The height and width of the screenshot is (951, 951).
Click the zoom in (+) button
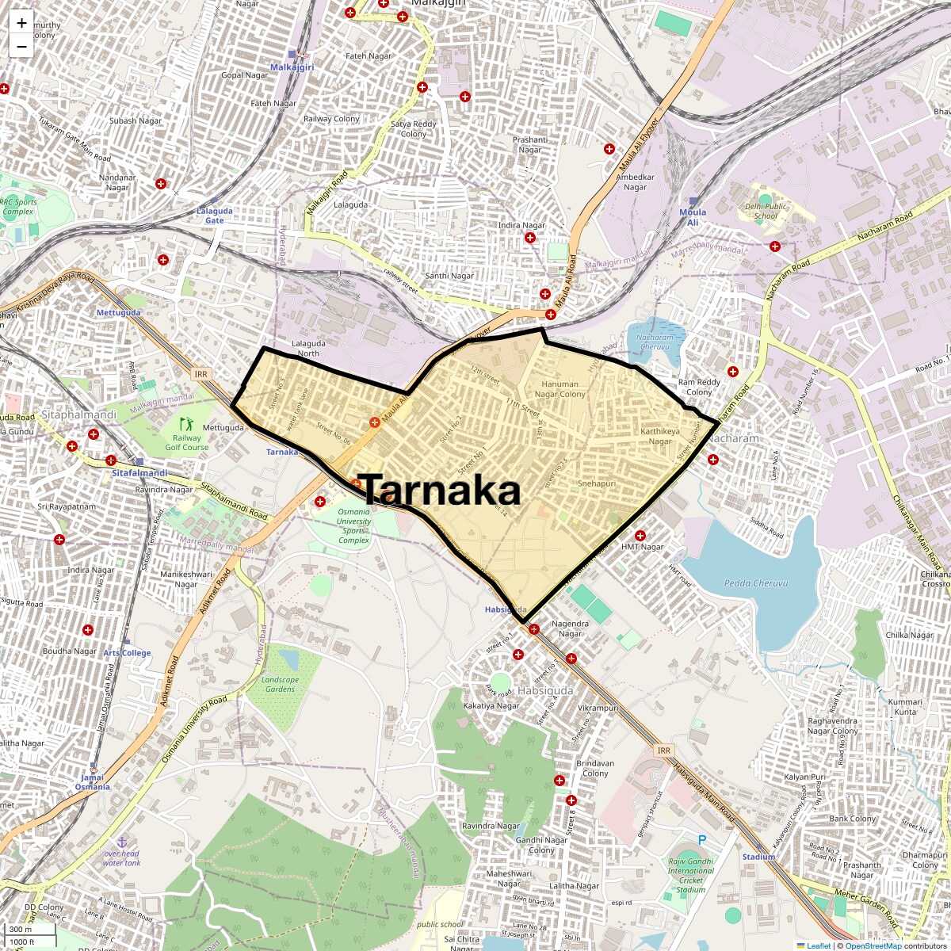point(21,23)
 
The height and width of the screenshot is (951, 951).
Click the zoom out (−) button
point(21,47)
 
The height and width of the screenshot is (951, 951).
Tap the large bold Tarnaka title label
point(440,491)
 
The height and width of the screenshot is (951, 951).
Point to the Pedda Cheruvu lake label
point(756,583)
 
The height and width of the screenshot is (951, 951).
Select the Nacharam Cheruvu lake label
point(655,342)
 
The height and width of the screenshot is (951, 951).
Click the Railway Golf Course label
point(187,442)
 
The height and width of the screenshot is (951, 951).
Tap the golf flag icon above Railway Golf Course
point(185,424)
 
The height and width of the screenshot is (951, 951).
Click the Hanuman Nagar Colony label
point(560,389)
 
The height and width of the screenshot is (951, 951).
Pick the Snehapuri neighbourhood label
point(597,483)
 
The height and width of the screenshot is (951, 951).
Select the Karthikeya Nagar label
point(660,437)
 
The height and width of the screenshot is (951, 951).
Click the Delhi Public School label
point(766,211)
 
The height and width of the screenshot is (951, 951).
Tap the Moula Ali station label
point(693,217)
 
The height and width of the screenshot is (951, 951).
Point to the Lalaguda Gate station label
point(215,216)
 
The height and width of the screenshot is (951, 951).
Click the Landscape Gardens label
point(280,685)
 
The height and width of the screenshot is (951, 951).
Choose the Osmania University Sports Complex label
point(353,526)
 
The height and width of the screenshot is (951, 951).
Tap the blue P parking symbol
point(701,840)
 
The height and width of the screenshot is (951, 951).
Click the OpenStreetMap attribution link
point(873,945)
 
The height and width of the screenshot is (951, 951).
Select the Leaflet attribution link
point(819,945)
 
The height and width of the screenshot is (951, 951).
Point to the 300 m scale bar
point(22,930)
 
